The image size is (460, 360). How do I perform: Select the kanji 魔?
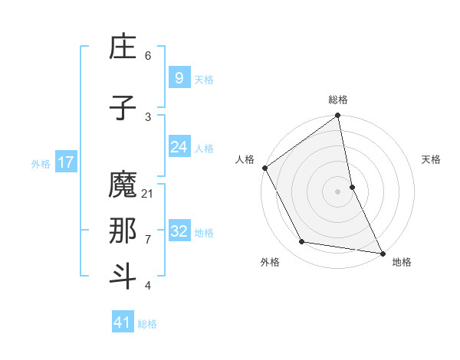[123, 186]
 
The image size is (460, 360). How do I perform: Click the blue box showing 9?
[179, 78]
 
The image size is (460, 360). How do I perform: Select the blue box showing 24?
[179, 147]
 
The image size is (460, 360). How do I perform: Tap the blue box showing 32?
[179, 231]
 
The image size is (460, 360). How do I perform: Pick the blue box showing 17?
[65, 162]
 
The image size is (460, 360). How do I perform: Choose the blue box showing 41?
[123, 322]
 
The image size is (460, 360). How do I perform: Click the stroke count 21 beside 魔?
[148, 194]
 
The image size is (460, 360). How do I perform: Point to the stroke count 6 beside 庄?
[148, 56]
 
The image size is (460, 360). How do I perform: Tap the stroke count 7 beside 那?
[148, 240]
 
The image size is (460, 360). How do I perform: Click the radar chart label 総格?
[338, 100]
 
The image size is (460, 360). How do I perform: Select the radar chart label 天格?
[432, 159]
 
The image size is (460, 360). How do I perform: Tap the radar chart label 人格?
[245, 159]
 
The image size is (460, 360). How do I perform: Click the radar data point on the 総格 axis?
[338, 116]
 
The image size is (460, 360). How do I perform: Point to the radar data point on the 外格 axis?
[302, 242]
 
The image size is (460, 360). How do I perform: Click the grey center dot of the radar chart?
[338, 191]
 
